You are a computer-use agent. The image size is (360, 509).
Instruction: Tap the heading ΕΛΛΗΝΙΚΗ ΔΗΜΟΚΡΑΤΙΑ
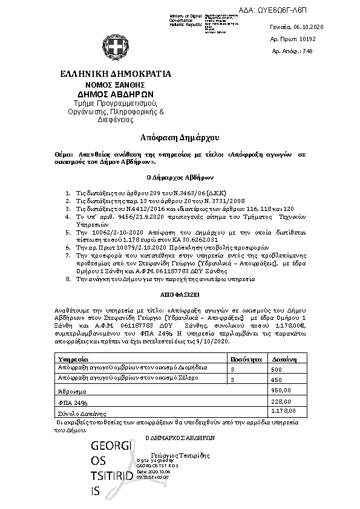coord(116,74)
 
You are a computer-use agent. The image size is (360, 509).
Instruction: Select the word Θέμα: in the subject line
coord(63,155)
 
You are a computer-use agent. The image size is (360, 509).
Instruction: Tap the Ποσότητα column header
coord(244,359)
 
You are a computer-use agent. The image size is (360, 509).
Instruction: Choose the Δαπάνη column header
coord(283,359)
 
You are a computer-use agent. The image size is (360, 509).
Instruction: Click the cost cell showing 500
coord(276,369)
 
